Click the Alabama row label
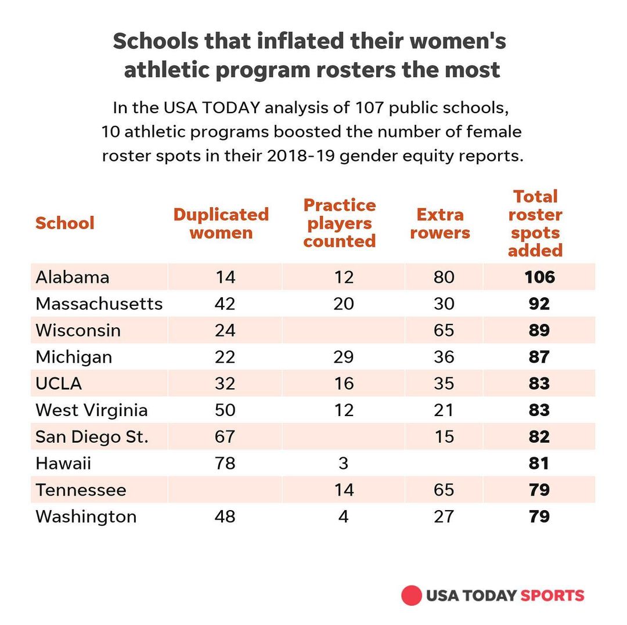(x=72, y=277)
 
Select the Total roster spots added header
(x=535, y=223)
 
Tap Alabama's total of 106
(x=539, y=277)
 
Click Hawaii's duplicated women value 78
(x=225, y=464)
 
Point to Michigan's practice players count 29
(x=344, y=357)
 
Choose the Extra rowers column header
(x=440, y=224)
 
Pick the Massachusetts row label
(x=99, y=304)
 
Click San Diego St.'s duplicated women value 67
(x=225, y=437)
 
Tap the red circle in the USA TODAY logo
(x=411, y=595)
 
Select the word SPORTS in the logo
(x=552, y=595)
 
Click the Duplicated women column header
(x=221, y=224)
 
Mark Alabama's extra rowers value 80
(x=444, y=277)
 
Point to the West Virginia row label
(x=92, y=410)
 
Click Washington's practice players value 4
(x=344, y=516)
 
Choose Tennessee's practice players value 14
(x=344, y=490)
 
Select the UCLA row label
(x=59, y=384)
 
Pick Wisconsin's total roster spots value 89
(x=539, y=330)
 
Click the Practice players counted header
(x=340, y=223)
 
